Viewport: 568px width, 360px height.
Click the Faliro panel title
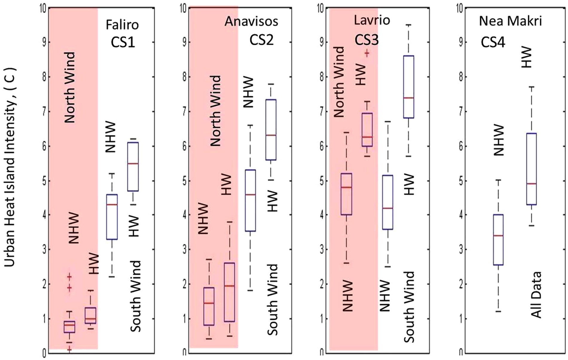[122, 25]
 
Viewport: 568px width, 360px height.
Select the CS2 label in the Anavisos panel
[262, 40]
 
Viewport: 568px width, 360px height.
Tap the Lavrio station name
[372, 20]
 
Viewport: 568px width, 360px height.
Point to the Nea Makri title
[510, 21]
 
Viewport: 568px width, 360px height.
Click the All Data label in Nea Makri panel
[536, 295]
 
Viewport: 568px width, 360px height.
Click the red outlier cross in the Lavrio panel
[367, 53]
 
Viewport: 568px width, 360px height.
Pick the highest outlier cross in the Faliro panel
[70, 277]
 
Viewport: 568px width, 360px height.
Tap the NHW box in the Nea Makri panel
[498, 240]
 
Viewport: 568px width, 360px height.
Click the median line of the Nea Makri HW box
[532, 184]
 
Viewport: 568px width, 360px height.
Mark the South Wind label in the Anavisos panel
[273, 299]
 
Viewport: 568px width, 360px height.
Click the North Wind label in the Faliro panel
[70, 88]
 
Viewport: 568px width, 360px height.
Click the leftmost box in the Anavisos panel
[209, 306]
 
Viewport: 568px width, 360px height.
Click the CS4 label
[493, 42]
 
